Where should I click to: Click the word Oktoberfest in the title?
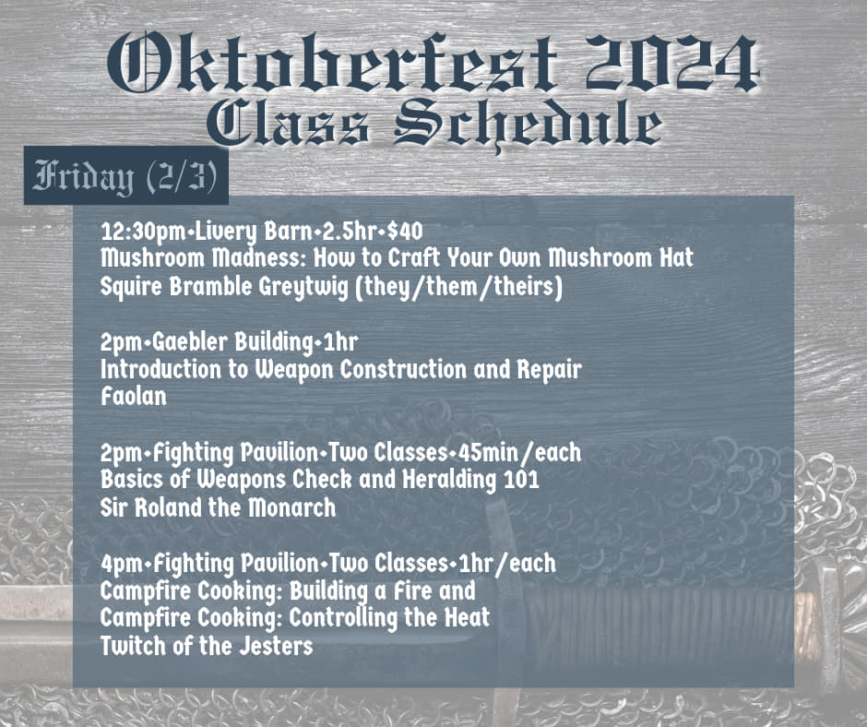(332, 63)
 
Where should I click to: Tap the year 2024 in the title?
(672, 63)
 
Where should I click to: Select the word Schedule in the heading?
(529, 125)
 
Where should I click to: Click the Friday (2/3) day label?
(125, 176)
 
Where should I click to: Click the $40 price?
(405, 232)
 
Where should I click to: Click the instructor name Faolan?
(133, 397)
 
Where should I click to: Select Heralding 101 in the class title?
(470, 480)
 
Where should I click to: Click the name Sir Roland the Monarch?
(218, 507)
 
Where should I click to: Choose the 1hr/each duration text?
(507, 563)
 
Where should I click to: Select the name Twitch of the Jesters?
(207, 646)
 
